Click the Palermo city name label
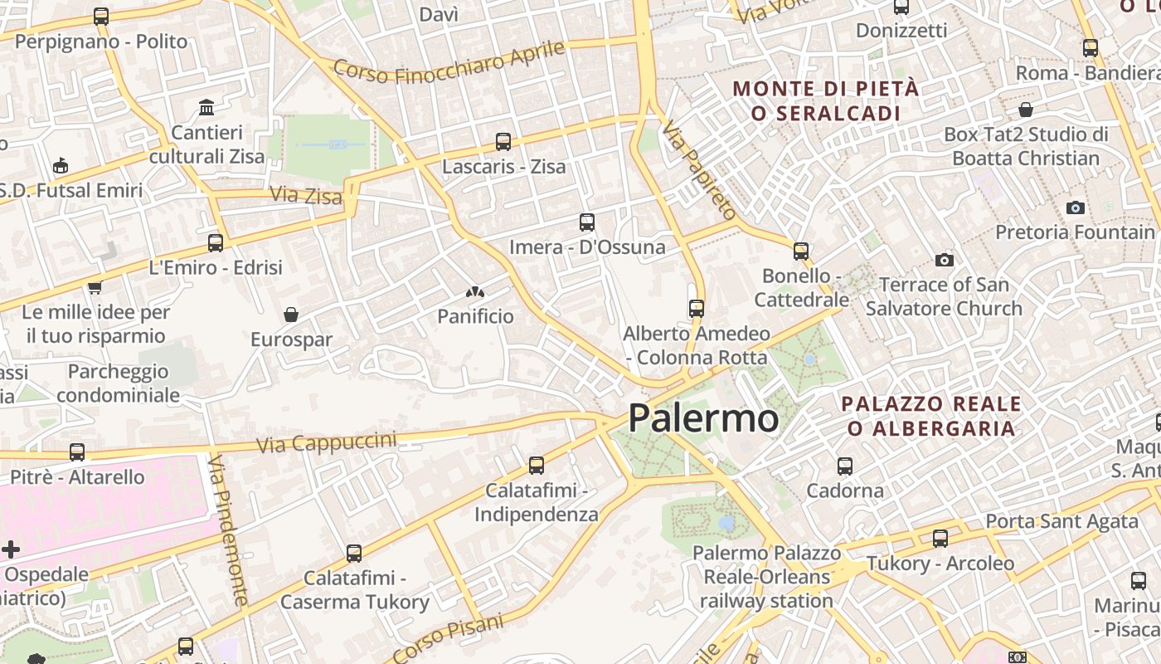click(703, 417)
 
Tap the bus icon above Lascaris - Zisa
click(503, 142)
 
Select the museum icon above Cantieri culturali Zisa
click(206, 107)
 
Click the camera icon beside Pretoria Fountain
click(1076, 207)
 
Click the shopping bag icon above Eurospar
click(291, 315)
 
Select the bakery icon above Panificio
click(475, 291)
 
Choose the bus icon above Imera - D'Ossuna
click(586, 222)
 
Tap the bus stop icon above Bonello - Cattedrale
click(800, 251)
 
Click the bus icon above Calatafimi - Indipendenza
click(536, 466)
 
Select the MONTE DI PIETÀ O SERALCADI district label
click(826, 100)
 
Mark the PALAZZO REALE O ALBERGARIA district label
click(930, 416)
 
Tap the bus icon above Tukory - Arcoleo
click(940, 539)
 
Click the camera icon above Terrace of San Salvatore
click(944, 261)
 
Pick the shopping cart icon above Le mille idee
click(95, 288)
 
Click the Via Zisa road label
click(305, 196)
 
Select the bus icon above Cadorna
click(844, 466)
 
